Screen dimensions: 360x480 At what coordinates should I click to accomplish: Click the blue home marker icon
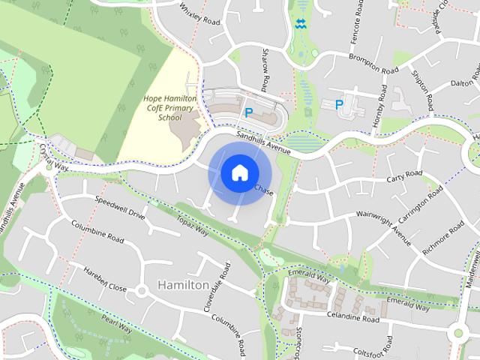point(239,173)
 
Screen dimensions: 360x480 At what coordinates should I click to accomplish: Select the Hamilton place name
point(184,286)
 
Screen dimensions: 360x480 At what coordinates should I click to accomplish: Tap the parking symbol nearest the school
point(249,112)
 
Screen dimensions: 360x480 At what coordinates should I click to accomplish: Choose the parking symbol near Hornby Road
point(339,105)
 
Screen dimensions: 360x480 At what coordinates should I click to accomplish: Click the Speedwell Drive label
point(120,207)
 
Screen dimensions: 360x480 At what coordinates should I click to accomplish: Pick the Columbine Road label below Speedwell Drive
point(97,231)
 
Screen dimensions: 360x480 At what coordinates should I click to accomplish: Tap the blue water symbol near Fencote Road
point(301,24)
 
